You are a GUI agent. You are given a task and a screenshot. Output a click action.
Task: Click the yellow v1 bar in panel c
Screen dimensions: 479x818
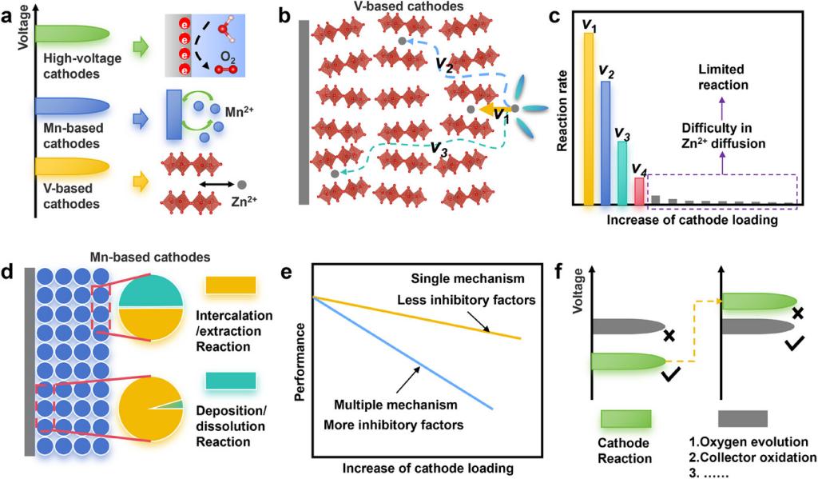tap(589, 120)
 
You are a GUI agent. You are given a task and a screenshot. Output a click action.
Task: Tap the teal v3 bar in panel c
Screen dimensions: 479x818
tap(622, 173)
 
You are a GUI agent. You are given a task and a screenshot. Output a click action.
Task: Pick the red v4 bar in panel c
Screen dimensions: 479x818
tap(638, 191)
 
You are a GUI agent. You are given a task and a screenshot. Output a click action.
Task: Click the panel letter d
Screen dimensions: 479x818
tap(8, 270)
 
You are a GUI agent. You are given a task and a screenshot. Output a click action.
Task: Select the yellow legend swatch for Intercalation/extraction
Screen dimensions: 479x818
tap(231, 285)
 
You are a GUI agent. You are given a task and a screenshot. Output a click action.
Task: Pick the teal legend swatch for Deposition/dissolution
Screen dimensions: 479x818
tap(231, 382)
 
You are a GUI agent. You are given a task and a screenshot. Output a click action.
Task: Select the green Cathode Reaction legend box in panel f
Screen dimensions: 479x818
tap(624, 418)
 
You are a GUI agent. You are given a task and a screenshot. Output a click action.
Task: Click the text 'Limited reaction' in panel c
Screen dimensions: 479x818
tap(721, 78)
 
